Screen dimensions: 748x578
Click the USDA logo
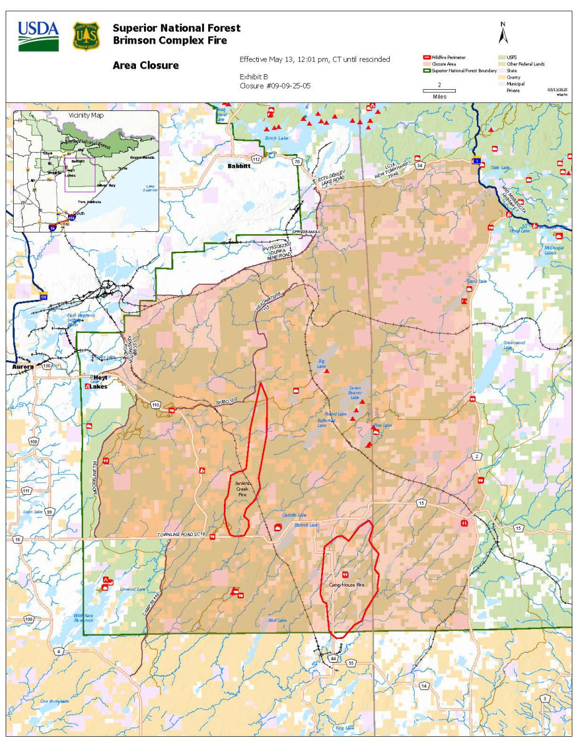coord(39,36)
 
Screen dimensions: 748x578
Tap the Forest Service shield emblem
coord(85,36)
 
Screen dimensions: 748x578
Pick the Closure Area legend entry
coord(443,64)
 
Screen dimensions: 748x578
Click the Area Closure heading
coord(145,65)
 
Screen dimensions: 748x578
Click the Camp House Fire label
coord(346,585)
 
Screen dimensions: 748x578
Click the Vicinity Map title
coord(86,115)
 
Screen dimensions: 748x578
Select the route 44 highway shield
coord(334,658)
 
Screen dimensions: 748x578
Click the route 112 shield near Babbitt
coord(256,159)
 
